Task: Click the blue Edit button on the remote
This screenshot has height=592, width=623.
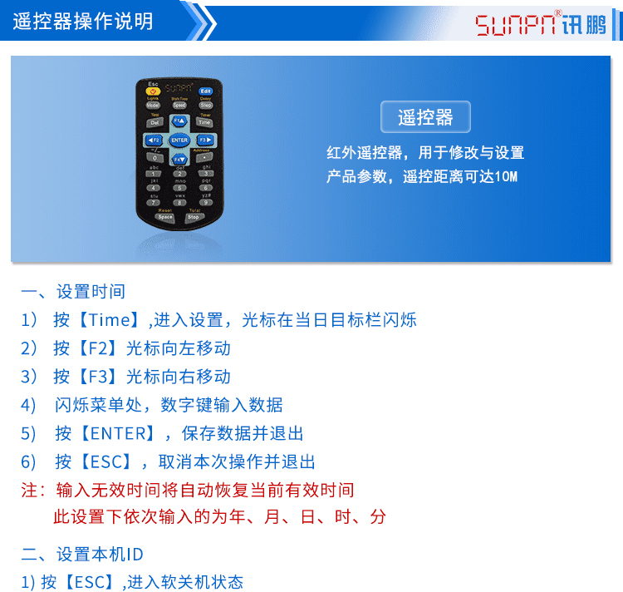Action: pos(205,90)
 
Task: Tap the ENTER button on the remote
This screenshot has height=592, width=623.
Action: pos(179,140)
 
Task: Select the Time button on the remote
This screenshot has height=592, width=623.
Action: pos(204,122)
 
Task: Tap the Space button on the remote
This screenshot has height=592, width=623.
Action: pos(155,217)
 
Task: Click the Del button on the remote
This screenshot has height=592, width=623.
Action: pos(155,122)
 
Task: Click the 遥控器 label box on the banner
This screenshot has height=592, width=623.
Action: pos(425,117)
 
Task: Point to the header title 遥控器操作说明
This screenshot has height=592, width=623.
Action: pos(83,22)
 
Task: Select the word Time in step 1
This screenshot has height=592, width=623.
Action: pos(110,320)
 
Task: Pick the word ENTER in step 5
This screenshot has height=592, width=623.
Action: pos(122,433)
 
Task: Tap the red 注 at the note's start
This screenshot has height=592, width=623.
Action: pos(29,490)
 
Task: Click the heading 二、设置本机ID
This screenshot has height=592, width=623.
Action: pos(82,555)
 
